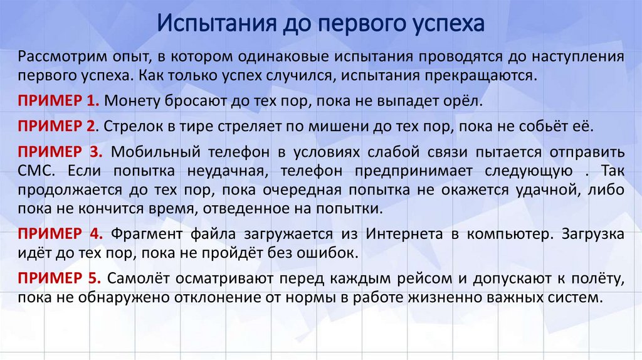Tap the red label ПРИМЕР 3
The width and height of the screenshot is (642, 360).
click(x=60, y=152)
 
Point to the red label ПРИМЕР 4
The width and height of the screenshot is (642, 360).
click(x=60, y=235)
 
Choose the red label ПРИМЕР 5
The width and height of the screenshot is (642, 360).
click(x=60, y=278)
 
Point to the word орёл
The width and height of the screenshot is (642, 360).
click(x=447, y=100)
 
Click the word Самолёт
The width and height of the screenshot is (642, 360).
click(x=137, y=278)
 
